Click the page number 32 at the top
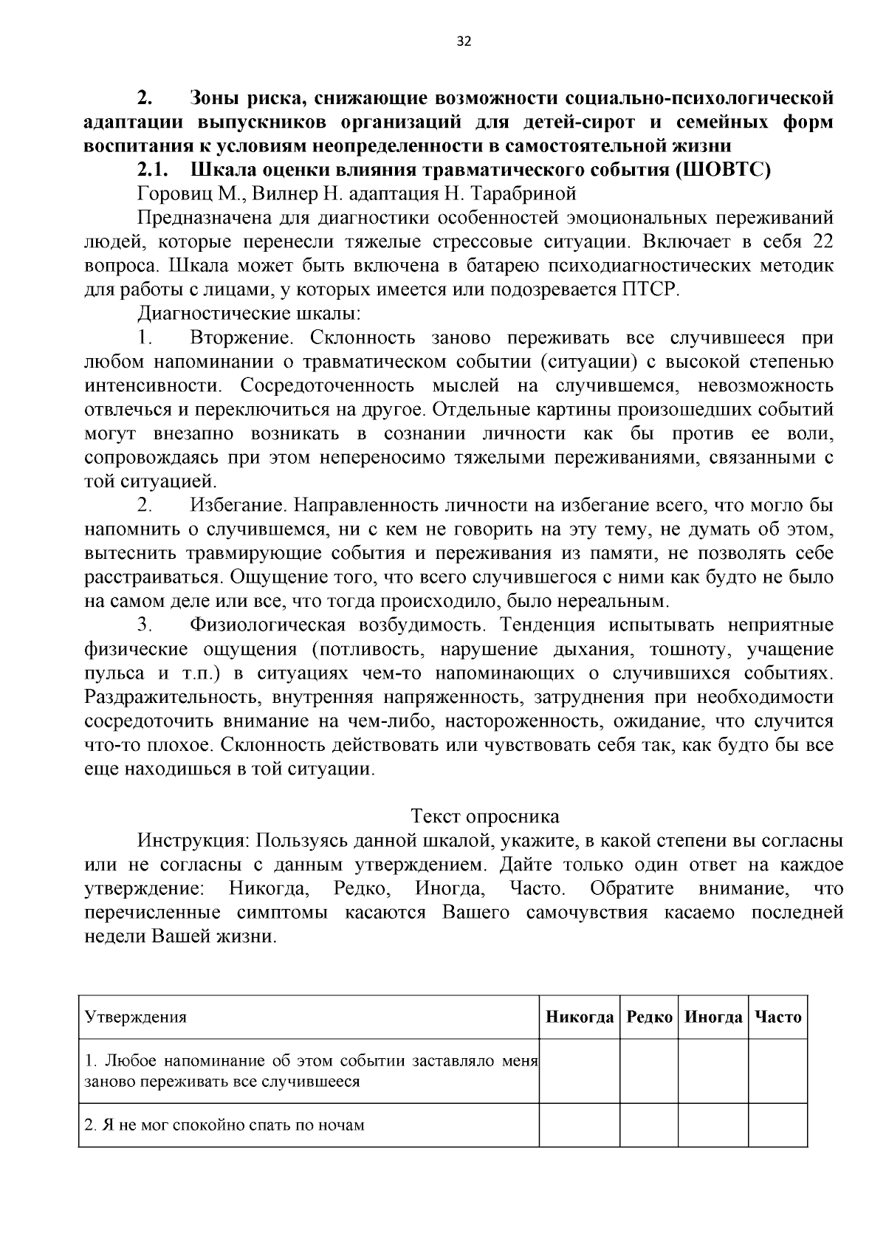[464, 41]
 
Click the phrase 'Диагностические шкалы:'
[249, 313]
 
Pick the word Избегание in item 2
[238, 506]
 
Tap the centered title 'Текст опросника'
[484, 817]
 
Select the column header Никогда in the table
[580, 1017]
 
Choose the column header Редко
[649, 1017]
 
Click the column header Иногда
[713, 1017]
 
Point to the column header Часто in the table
[778, 1017]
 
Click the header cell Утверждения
[136, 1017]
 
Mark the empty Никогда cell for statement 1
[580, 1071]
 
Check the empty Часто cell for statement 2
[778, 1125]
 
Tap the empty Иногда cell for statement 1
[713, 1071]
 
